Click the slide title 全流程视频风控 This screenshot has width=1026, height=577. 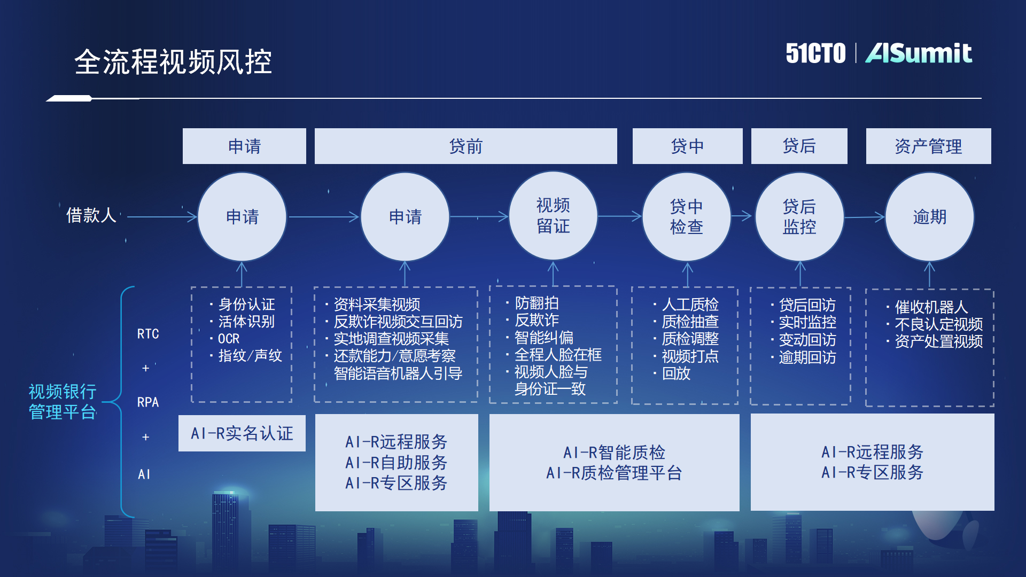[173, 61]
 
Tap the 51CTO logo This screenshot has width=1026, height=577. [815, 53]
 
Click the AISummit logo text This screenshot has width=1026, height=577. [919, 53]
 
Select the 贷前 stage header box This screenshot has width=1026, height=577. [465, 146]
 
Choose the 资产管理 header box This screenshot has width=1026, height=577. [928, 146]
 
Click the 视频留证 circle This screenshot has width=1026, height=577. [553, 216]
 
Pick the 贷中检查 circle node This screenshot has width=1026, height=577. [686, 216]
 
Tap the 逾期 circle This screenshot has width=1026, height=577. [929, 216]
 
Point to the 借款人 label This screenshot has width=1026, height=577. [91, 215]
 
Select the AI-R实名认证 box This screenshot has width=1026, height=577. [242, 433]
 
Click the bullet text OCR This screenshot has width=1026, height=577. [229, 339]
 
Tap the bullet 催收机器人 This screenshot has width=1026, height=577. [931, 307]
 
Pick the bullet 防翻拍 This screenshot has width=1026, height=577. [537, 303]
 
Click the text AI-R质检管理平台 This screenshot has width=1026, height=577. [614, 473]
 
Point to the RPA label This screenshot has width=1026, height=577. [148, 402]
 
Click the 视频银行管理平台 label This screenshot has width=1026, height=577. [63, 402]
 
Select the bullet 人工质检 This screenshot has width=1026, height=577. [690, 305]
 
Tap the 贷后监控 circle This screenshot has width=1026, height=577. [799, 216]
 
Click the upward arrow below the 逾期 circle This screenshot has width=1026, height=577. [929, 275]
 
